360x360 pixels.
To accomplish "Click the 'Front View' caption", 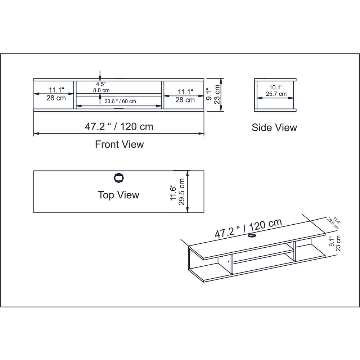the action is click(120, 144).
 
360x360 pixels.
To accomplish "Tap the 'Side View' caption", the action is click(274, 128).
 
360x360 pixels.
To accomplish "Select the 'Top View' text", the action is click(118, 195).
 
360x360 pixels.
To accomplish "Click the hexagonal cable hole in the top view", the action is click(119, 178).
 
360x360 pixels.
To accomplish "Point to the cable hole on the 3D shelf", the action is click(252, 236).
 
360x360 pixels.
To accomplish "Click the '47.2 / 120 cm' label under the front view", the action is click(119, 126).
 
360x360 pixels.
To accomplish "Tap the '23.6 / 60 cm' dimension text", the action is click(120, 101).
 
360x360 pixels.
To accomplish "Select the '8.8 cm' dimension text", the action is click(101, 90).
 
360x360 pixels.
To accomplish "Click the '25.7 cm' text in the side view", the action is click(276, 94).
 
